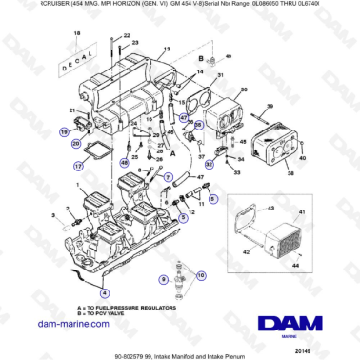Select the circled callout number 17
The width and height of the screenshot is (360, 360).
tap(66, 164)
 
